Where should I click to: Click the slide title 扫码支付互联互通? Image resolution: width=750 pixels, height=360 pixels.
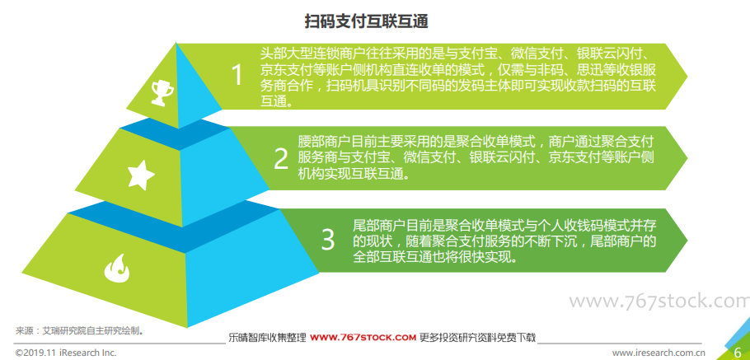click(x=367, y=21)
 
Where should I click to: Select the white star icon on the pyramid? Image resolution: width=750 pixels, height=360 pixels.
click(x=141, y=175)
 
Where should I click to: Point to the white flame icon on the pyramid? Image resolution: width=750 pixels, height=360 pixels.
click(x=118, y=268)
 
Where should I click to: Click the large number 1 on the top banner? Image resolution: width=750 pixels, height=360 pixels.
click(x=237, y=76)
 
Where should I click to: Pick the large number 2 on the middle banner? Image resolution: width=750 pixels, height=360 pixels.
click(x=281, y=159)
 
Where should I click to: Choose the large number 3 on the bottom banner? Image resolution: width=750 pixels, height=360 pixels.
click(x=328, y=240)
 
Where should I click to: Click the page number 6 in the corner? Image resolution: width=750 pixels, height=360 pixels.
click(x=738, y=353)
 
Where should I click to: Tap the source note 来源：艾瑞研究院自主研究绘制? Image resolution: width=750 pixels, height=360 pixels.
click(x=80, y=330)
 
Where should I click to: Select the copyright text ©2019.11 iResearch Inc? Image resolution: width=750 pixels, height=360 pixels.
click(x=66, y=353)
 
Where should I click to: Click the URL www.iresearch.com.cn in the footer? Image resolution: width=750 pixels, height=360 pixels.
click(x=659, y=353)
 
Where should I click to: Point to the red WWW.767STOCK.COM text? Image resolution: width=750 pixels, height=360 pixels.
click(x=363, y=338)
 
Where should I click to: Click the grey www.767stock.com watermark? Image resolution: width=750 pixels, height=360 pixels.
click(x=659, y=302)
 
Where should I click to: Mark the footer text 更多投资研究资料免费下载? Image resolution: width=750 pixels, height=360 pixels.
click(x=477, y=338)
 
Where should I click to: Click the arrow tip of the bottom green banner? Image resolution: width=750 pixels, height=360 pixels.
click(x=687, y=240)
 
